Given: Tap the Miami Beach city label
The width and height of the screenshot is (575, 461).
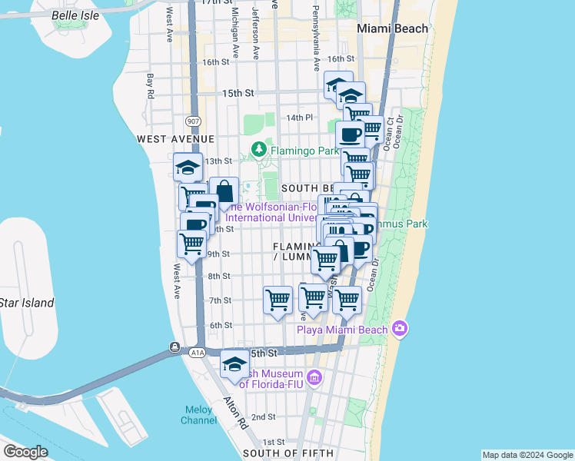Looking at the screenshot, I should [392, 28].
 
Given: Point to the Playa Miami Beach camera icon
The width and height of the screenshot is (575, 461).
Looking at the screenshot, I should [399, 329].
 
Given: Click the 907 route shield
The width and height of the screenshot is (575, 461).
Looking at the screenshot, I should [192, 121].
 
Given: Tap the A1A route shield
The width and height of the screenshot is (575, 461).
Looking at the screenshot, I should [197, 352].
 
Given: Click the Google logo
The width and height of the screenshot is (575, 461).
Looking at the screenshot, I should [25, 452].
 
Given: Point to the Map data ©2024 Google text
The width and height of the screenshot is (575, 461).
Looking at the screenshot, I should [527, 455].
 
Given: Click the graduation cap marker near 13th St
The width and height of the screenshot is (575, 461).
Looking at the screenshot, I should [188, 167].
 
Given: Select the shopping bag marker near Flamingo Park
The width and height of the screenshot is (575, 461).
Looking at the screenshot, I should [224, 192].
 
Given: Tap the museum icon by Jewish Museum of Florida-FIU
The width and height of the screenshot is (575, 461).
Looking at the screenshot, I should [314, 377].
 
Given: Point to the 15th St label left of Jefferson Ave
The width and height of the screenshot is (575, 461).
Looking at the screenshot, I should [238, 93].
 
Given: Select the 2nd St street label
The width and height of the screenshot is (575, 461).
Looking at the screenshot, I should [264, 417].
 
